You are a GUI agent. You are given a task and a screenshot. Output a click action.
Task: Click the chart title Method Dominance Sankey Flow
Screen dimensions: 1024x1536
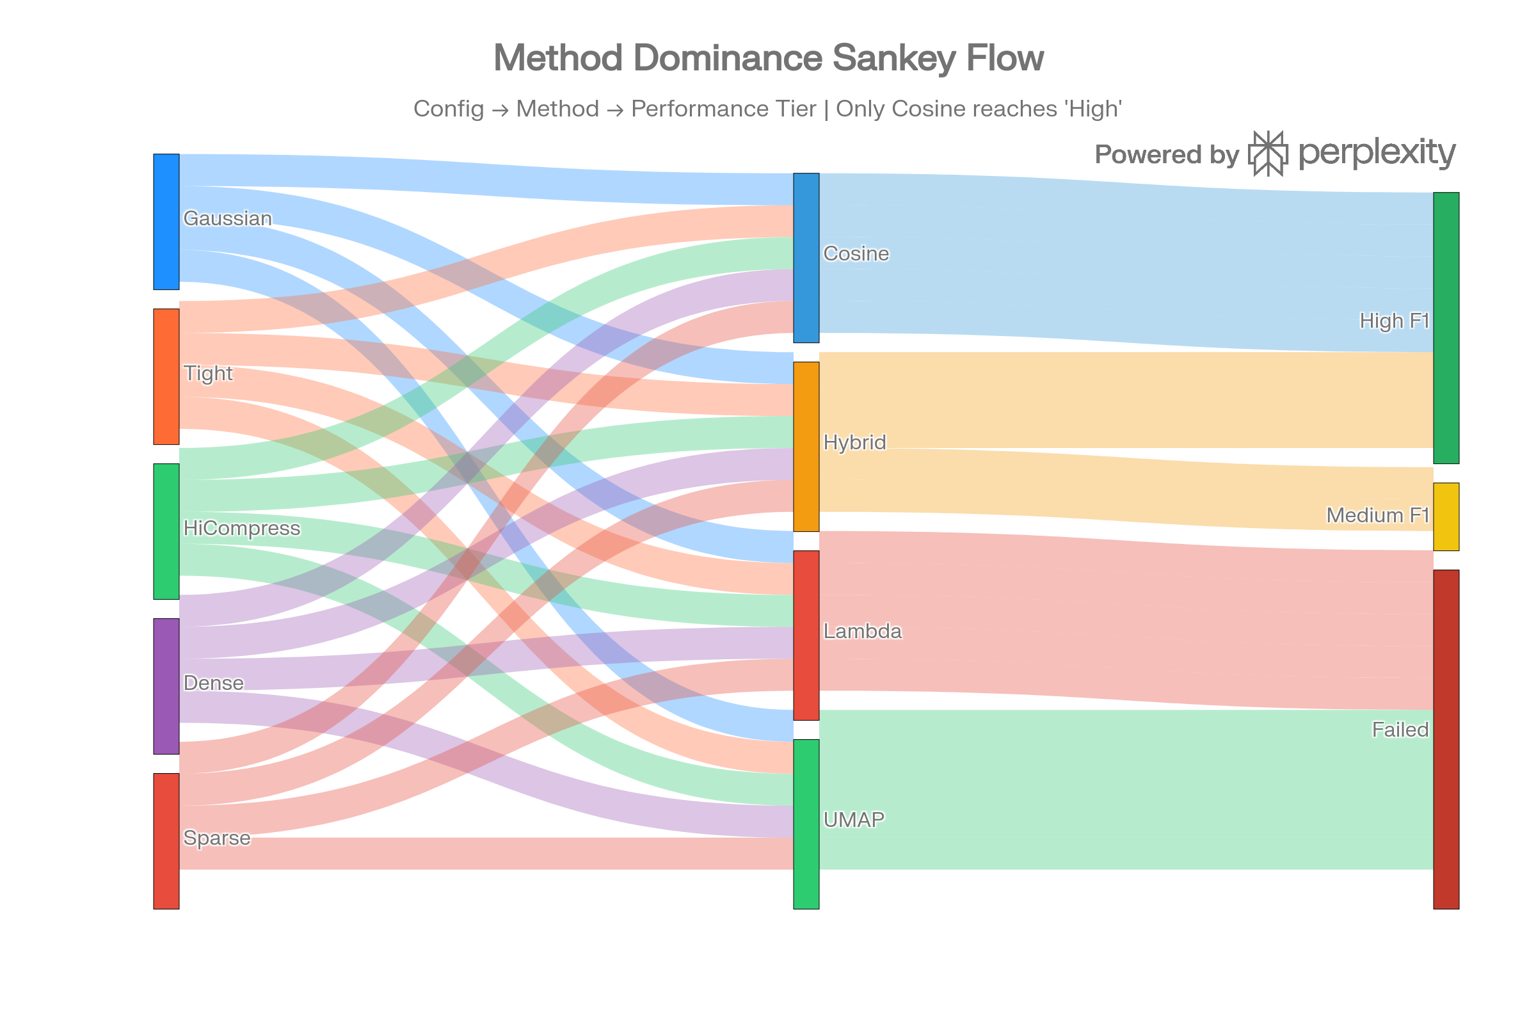pyautogui.click(x=769, y=58)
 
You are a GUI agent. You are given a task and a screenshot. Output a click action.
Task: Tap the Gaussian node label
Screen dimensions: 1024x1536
pyautogui.click(x=227, y=218)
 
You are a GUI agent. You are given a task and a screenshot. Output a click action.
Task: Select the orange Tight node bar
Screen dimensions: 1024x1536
pyautogui.click(x=166, y=377)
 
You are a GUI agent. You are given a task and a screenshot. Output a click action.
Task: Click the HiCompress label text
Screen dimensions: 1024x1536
pyautogui.click(x=242, y=527)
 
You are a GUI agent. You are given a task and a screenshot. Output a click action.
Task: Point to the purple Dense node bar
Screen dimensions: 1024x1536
pyautogui.click(x=166, y=685)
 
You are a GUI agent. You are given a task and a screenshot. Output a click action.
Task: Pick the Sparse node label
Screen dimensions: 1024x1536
pyautogui.click(x=216, y=838)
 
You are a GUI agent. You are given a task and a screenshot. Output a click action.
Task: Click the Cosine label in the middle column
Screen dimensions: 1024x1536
pyautogui.click(x=856, y=253)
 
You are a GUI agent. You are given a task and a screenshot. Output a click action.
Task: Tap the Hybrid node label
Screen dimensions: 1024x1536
pyautogui.click(x=854, y=442)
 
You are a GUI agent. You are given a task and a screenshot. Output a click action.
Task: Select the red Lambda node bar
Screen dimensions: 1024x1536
pyautogui.click(x=806, y=635)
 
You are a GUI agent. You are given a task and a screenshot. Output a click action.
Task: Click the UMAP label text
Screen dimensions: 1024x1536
pyautogui.click(x=854, y=819)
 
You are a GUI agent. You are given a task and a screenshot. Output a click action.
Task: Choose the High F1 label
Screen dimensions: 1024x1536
pyautogui.click(x=1394, y=321)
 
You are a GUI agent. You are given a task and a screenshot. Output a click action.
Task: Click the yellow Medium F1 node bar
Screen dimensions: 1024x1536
pyautogui.click(x=1446, y=516)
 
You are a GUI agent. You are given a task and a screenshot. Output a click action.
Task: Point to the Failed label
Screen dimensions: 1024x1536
pyautogui.click(x=1400, y=729)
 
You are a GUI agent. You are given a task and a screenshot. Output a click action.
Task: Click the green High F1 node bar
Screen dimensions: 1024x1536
pyautogui.click(x=1446, y=328)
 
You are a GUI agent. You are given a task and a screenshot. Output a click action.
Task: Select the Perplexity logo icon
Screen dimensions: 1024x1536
pyautogui.click(x=1268, y=154)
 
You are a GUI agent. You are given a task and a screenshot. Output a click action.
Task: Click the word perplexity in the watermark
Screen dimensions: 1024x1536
pyautogui.click(x=1377, y=153)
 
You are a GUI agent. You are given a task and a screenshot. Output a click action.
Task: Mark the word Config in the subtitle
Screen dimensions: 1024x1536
pyautogui.click(x=448, y=108)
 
